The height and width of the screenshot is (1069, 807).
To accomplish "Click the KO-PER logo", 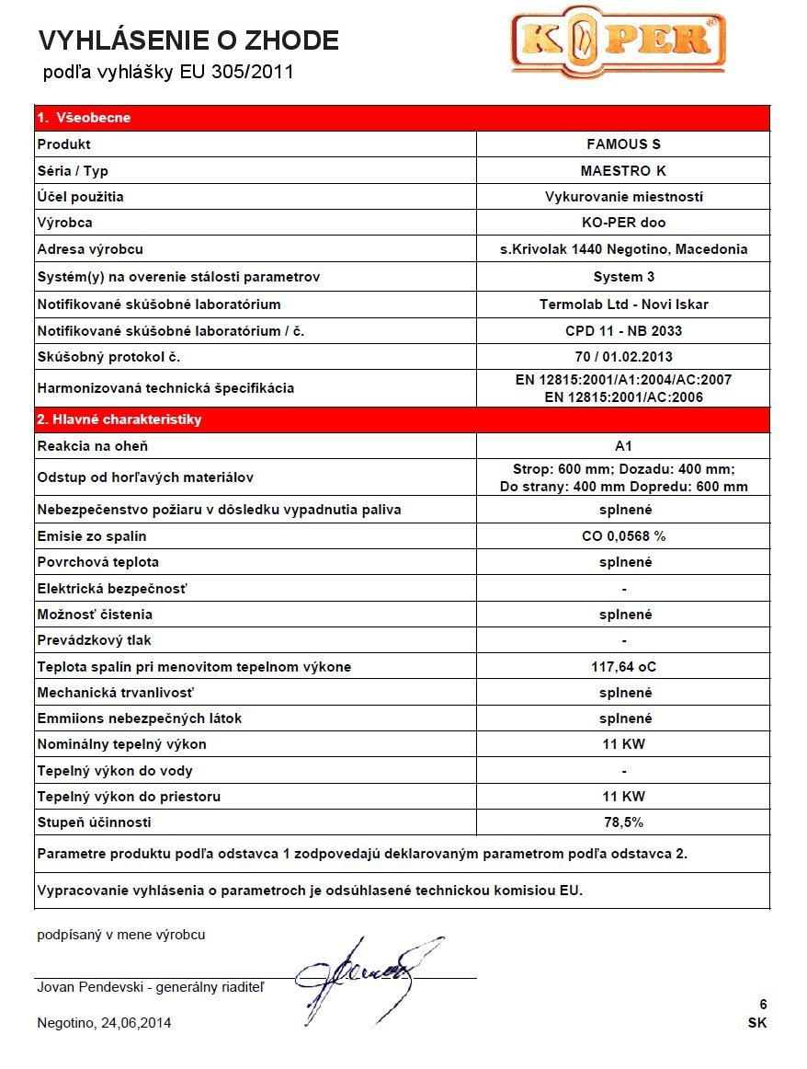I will (618, 42).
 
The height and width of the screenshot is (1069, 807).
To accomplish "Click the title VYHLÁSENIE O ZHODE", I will (188, 40).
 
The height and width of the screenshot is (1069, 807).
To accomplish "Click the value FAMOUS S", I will (623, 144).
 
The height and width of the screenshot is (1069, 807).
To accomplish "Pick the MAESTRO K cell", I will (623, 171).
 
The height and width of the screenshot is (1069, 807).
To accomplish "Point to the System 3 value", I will (623, 277).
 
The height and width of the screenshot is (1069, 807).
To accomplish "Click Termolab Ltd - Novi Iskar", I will (623, 305).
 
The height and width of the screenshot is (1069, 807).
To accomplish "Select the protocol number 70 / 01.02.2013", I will (623, 357).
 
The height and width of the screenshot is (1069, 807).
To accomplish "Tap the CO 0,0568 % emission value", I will (623, 536).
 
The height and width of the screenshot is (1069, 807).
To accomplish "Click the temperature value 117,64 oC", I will (623, 667).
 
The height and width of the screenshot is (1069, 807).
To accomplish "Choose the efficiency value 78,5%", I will (623, 822).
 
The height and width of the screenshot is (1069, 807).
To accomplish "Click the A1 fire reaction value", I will (623, 446).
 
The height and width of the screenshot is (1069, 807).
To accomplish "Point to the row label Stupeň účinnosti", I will (94, 822).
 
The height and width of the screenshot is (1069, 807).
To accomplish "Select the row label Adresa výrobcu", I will (90, 249).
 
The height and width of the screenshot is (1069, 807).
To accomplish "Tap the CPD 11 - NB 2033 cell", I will (623, 331).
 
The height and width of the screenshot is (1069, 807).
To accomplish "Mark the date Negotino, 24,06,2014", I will (104, 1023).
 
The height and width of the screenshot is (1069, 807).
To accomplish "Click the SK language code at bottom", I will (757, 1023).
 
